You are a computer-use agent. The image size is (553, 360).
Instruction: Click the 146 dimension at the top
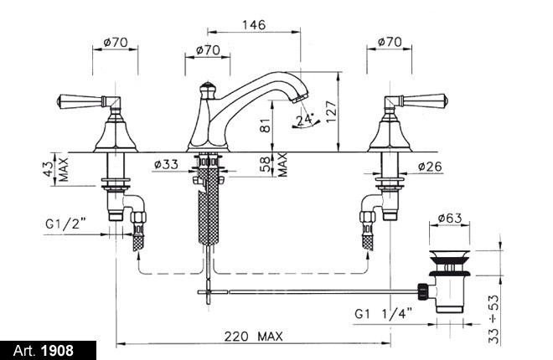pos(254,25)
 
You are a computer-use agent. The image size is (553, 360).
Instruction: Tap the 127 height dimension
pos(332,111)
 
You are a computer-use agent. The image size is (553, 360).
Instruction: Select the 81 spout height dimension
pos(266,125)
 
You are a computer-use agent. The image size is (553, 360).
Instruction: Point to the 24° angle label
pos(305,120)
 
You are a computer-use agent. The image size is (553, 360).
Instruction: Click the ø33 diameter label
pos(166,164)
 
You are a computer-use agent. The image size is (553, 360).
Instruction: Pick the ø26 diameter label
pos(430,167)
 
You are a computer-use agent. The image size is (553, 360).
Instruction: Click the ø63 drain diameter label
pos(450,218)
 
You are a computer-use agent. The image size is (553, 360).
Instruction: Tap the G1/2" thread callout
pos(66,224)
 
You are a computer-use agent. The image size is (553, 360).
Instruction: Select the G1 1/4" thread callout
pos(384,313)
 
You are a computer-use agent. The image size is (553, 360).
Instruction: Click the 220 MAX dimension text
pos(254,337)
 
